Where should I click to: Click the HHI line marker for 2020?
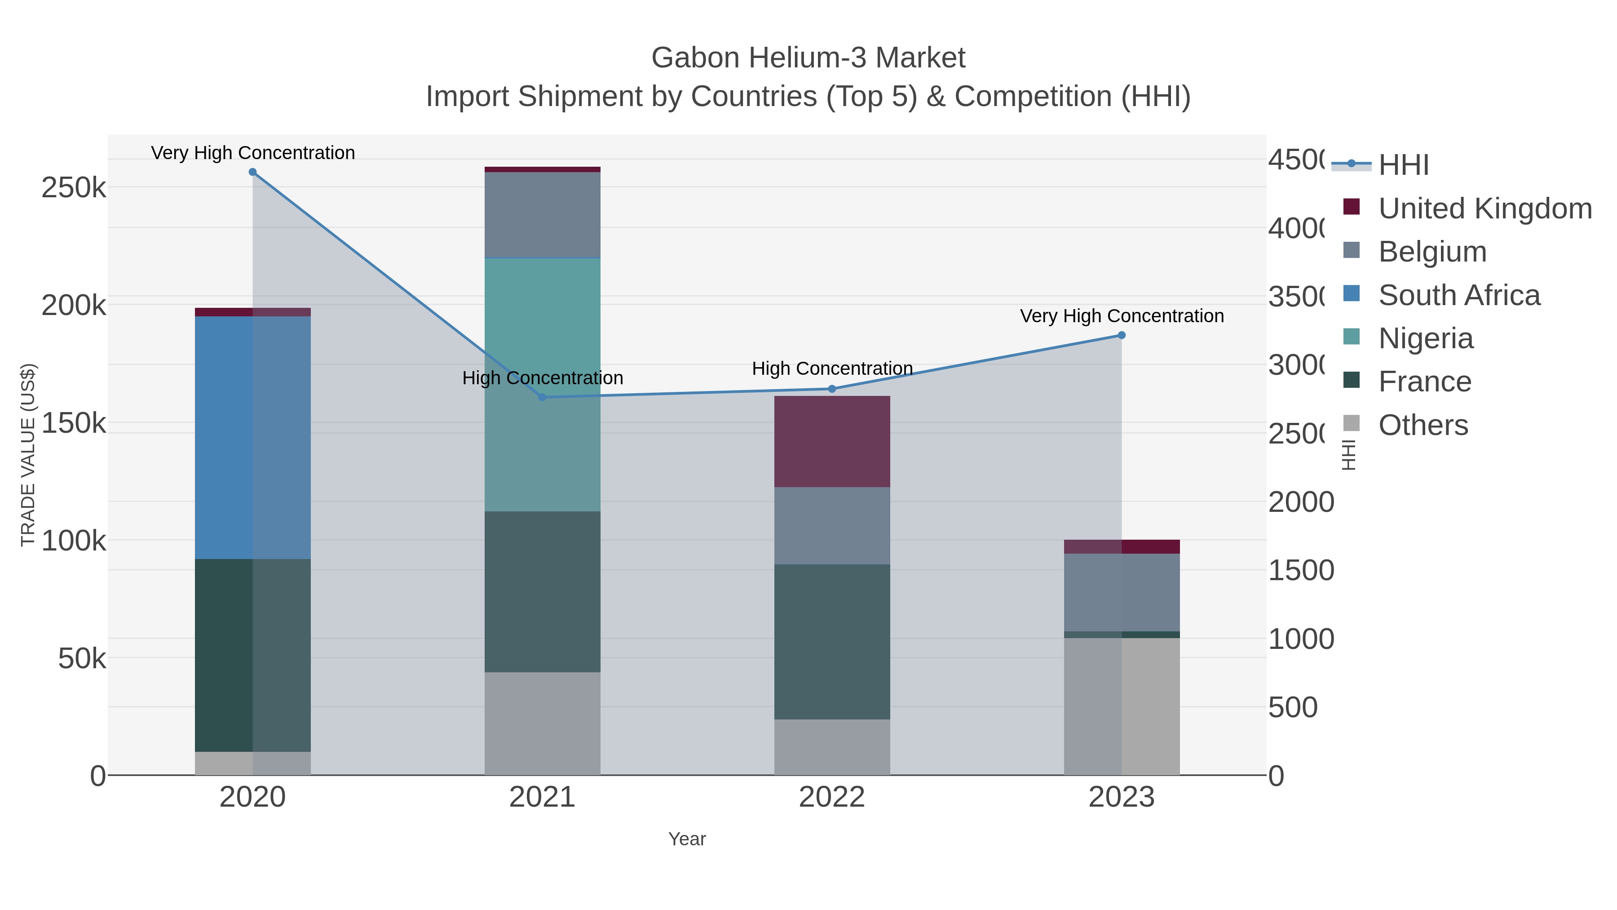[x=252, y=172]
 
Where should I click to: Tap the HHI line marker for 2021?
[x=542, y=397]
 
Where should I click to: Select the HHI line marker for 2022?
[x=832, y=389]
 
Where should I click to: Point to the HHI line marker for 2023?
[x=1122, y=335]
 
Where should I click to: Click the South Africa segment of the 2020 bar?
[x=252, y=437]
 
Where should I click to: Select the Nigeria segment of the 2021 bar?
[x=542, y=384]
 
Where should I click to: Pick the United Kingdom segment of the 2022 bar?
[x=832, y=441]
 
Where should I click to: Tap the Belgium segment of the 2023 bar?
[x=1122, y=592]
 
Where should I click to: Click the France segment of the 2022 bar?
[x=832, y=641]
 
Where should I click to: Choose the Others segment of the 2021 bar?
[x=542, y=724]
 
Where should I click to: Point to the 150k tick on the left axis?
[x=74, y=423]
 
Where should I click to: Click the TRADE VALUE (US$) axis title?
[x=28, y=455]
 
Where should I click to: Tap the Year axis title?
[x=687, y=839]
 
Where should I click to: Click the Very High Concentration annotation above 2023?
[x=1122, y=316]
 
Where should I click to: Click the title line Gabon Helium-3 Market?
[x=808, y=58]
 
